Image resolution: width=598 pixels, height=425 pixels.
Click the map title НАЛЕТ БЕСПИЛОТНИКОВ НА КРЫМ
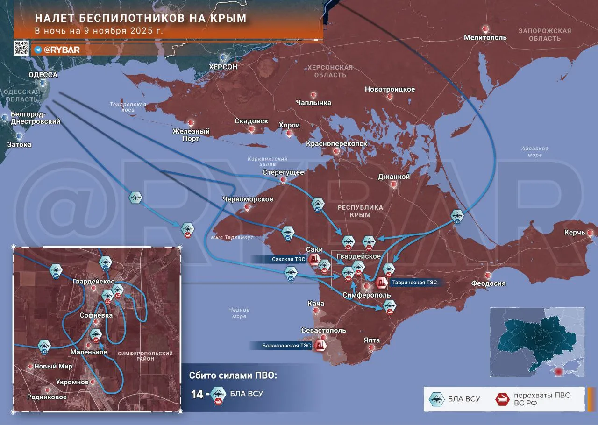pos(141,18)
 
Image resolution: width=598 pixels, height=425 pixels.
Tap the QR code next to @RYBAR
pos(21,48)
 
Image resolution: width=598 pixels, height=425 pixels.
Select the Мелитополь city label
pos(485,37)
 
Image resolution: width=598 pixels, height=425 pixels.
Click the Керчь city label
pos(574,232)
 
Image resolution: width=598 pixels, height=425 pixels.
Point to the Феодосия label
pos(488,283)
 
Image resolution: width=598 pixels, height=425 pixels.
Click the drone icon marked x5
pos(457,216)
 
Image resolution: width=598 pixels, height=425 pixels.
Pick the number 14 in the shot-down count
pos(197,394)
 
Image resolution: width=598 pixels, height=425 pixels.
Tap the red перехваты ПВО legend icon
pos(502,399)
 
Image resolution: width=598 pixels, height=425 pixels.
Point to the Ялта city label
pos(371,340)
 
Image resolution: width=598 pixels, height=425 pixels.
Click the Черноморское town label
pos(248,199)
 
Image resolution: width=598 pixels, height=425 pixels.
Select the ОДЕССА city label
pos(43,75)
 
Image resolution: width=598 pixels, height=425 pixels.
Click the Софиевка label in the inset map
pos(96,315)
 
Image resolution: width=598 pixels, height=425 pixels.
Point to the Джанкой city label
pos(394,177)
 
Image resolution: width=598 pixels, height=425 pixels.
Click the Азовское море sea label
pos(534,151)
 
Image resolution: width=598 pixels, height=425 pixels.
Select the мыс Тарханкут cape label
pos(232,237)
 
